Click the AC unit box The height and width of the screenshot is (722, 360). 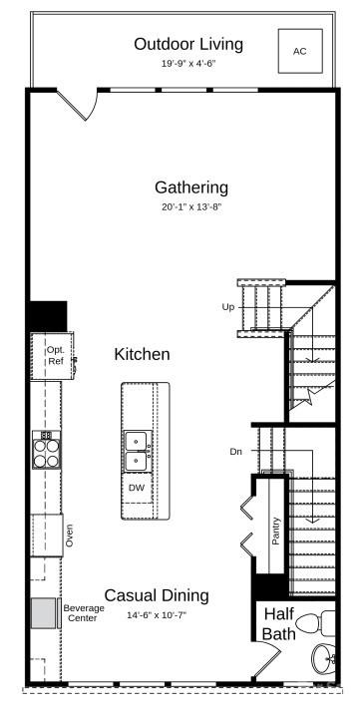tap(300, 51)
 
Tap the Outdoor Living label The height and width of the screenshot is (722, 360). tap(188, 44)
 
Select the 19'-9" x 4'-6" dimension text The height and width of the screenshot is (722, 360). tap(188, 63)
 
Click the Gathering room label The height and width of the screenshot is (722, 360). tap(191, 187)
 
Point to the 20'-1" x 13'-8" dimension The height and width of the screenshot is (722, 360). tap(191, 207)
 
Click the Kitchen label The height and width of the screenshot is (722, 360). tap(142, 354)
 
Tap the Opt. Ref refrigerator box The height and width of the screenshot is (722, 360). tap(54, 356)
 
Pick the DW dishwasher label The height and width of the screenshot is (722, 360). tap(137, 488)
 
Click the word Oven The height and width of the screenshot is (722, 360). tap(69, 535)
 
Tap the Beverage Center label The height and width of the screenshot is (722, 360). tap(84, 613)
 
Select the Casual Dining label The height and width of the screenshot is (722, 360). tap(157, 595)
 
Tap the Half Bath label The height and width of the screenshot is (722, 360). tap(279, 624)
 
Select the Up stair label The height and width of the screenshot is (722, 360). tap(228, 307)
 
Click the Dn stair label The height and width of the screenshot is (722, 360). tap(235, 452)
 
